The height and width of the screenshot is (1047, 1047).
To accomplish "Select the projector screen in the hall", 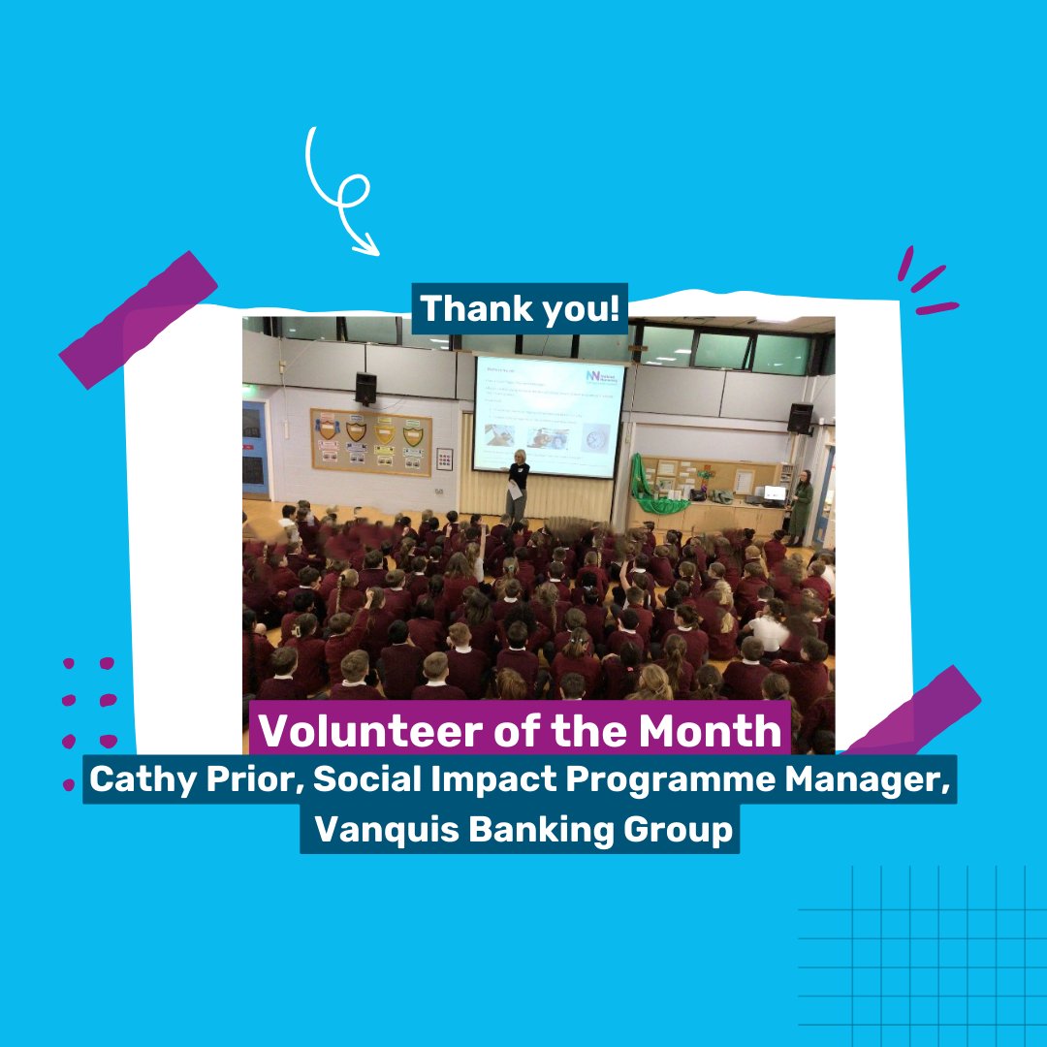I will [x=549, y=417].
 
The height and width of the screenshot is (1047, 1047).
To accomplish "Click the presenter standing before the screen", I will [x=517, y=486].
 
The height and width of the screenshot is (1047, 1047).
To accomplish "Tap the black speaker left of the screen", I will [x=365, y=388].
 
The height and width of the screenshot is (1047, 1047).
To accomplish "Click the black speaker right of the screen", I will [x=800, y=419].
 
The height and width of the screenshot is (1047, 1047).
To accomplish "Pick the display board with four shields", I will [x=370, y=441].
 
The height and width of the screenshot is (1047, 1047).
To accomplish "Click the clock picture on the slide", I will [x=594, y=439].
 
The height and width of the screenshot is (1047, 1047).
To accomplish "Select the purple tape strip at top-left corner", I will [x=138, y=320].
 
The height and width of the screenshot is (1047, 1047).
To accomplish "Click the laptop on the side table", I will [x=774, y=494].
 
